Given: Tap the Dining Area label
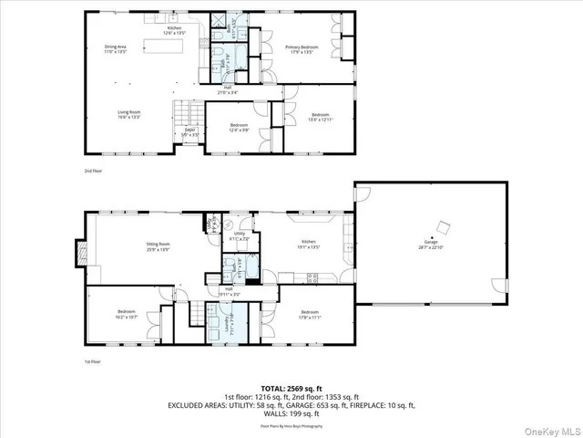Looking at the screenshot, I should (x=115, y=49).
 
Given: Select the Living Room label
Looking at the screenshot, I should (x=128, y=114).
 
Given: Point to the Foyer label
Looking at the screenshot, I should (x=190, y=132).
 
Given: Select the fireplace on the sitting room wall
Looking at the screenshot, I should (x=82, y=251).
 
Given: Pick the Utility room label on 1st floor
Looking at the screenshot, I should (x=240, y=236).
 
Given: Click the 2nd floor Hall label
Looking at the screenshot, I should (x=221, y=90).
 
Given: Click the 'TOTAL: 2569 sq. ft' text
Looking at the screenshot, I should (x=291, y=388).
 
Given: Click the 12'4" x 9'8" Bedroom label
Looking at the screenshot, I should (x=240, y=127).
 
